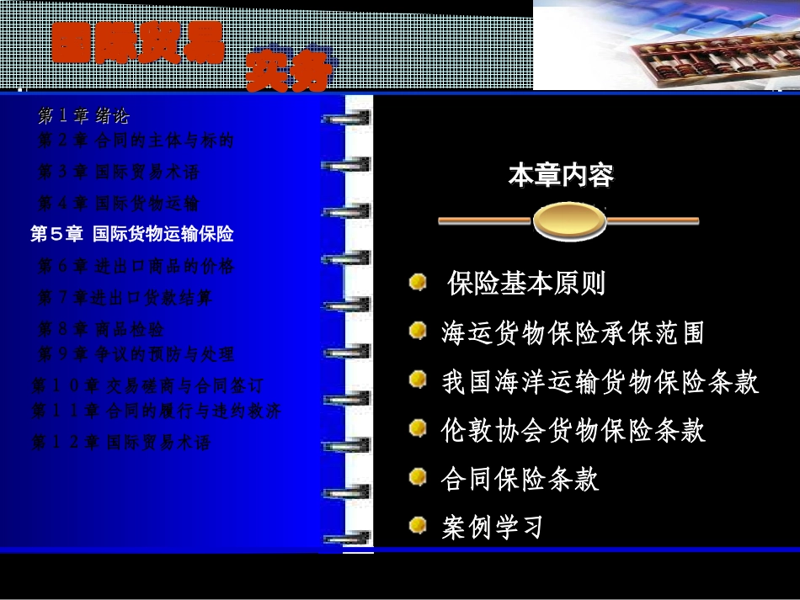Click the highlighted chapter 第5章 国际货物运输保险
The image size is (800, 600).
coord(132,234)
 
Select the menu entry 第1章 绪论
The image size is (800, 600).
coord(83,115)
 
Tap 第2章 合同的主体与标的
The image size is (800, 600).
coord(136,141)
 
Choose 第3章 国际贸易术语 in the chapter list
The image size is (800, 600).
coord(119,173)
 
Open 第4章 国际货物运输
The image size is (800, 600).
coord(119,204)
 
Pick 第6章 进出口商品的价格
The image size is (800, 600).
coord(136,267)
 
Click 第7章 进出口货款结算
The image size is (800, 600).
coord(125,298)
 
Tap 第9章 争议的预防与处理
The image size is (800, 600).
coord(136,354)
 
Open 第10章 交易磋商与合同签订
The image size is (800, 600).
coord(147,386)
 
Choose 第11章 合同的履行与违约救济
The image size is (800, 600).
coord(156,412)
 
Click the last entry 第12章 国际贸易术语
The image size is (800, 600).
coord(120,443)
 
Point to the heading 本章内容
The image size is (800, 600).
coord(561,176)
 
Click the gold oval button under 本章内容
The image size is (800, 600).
coord(569,221)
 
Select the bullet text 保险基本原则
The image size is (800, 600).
coord(526,284)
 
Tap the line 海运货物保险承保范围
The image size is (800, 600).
coord(573,333)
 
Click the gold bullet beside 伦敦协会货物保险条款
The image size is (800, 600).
coord(418,429)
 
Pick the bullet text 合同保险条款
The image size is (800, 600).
coord(520,479)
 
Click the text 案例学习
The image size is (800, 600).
coord(492,528)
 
